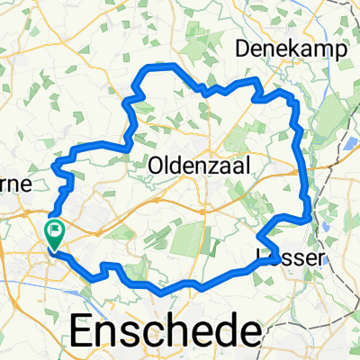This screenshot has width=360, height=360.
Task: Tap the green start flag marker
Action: coord(55,235)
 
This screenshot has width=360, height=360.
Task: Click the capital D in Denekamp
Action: coord(242,50)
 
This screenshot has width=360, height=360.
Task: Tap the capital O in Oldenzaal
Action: coord(156,166)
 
